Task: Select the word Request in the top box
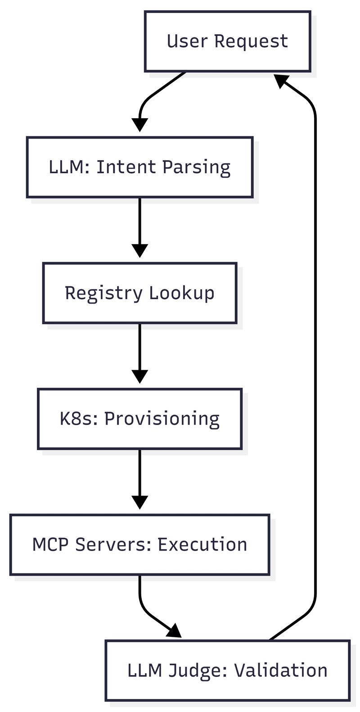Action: pyautogui.click(x=251, y=41)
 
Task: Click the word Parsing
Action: pyautogui.click(x=196, y=167)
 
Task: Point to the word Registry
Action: pyautogui.click(x=103, y=293)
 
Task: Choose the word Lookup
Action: pyautogui.click(x=182, y=293)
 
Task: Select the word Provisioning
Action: pyautogui.click(x=162, y=419)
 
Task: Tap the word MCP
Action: pyautogui.click(x=51, y=545)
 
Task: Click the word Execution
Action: pyautogui.click(x=202, y=545)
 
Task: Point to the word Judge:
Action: pyautogui.click(x=198, y=671)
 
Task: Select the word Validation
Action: pyautogui.click(x=281, y=671)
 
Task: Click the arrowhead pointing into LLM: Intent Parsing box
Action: pyautogui.click(x=139, y=125)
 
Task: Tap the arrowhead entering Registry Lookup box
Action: pyautogui.click(x=139, y=251)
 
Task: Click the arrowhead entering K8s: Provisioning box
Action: pyautogui.click(x=139, y=377)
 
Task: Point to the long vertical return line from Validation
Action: pyautogui.click(x=315, y=360)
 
